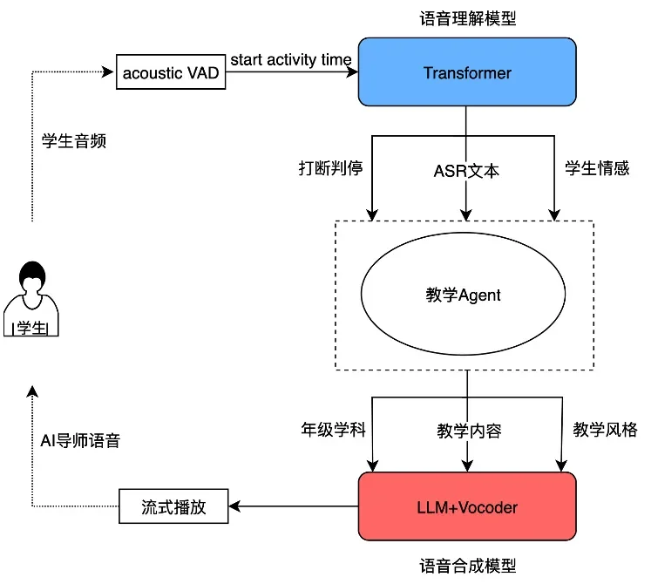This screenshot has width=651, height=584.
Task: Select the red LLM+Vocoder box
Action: (x=467, y=506)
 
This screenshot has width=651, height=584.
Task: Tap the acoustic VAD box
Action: (x=171, y=73)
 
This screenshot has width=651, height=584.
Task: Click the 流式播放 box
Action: (x=173, y=506)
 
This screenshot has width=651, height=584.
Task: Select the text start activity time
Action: (x=291, y=60)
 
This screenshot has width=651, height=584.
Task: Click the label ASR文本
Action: (x=466, y=171)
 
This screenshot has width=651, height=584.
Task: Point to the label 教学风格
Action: (x=605, y=430)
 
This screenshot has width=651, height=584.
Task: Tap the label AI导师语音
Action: (x=81, y=440)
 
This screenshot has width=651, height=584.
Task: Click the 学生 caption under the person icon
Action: (x=32, y=328)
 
